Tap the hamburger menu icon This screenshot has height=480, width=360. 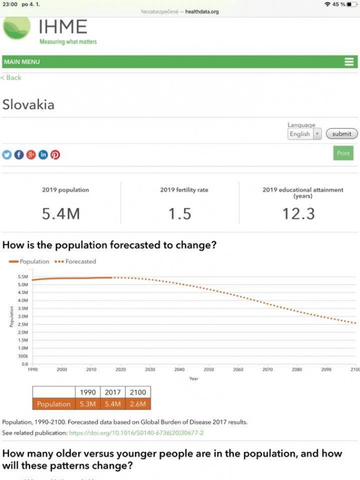349,62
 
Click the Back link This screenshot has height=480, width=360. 11,77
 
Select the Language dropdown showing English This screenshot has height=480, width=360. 304,134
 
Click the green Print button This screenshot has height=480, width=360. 343,153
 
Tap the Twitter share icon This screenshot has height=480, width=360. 7,154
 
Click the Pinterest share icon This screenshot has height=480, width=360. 55,154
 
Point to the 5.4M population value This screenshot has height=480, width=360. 61,213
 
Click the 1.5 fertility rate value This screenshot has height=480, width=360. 180,213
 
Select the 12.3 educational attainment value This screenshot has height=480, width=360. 298,213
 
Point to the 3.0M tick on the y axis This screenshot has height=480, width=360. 23,316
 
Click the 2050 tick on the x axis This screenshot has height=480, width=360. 209,370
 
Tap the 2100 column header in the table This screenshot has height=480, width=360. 138,393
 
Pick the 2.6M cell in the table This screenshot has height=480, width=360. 138,404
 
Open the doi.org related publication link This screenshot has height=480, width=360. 136,433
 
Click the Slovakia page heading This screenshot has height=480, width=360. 28,104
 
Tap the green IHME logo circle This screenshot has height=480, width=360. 17,28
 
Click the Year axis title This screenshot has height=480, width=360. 193,379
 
